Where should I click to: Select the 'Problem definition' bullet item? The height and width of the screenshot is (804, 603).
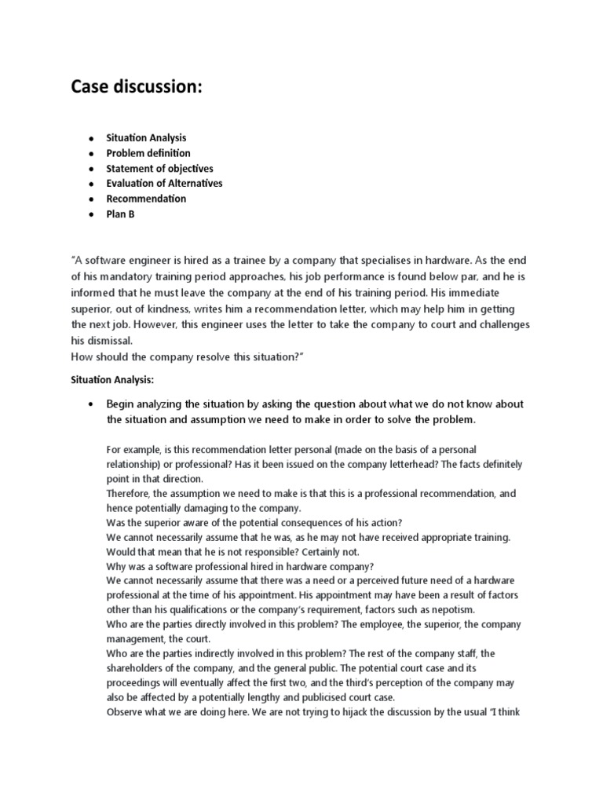pyautogui.click(x=148, y=153)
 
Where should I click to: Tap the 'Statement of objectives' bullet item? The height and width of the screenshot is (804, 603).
pyautogui.click(x=159, y=168)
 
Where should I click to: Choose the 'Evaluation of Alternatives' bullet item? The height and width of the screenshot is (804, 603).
pyautogui.click(x=164, y=183)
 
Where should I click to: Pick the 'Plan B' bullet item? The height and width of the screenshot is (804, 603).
pyautogui.click(x=120, y=214)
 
